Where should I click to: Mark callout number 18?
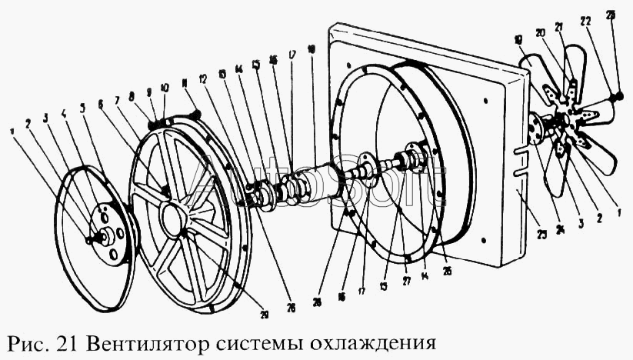coord(309,48)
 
